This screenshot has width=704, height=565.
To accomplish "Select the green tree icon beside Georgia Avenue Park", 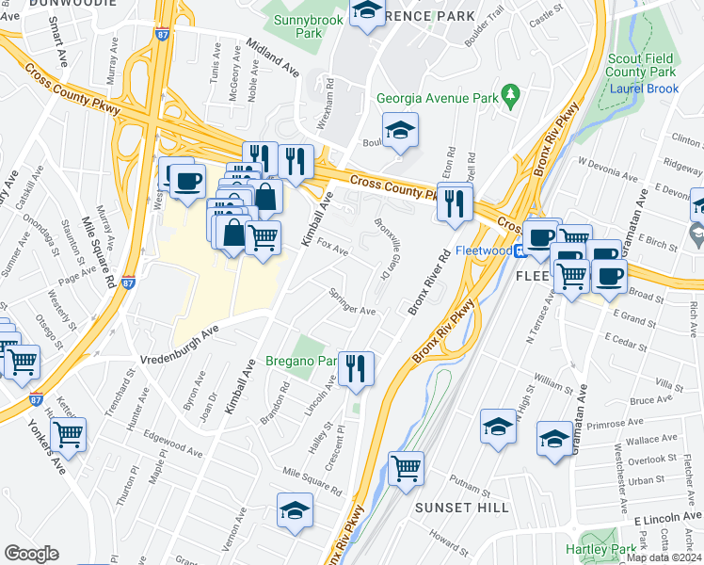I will (x=511, y=93).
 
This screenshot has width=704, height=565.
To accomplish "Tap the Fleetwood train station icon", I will (x=519, y=250).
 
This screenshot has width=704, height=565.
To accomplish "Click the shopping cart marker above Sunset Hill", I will (x=406, y=468).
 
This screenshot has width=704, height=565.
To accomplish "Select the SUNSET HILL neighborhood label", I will (x=462, y=508).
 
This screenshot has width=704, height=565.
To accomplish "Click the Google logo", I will (x=31, y=554).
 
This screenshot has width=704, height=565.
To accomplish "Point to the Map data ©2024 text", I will (x=664, y=557).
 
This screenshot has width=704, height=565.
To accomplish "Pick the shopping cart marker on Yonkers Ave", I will (x=68, y=434).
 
